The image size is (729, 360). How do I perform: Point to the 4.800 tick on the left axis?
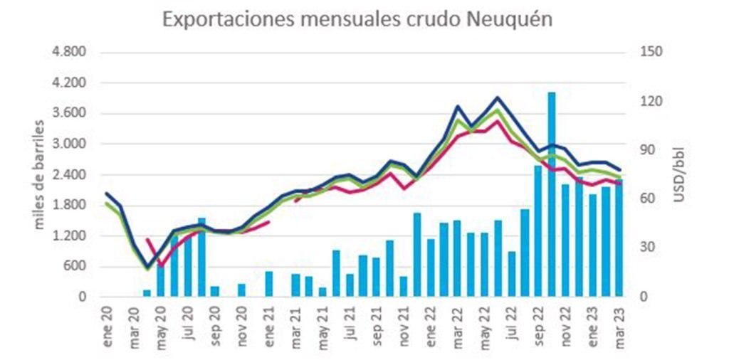70,53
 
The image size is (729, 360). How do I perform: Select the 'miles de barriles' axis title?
40,175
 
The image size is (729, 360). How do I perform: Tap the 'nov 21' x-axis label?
404,325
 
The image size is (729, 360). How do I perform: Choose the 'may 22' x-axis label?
486,325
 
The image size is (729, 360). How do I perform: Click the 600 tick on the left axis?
75,267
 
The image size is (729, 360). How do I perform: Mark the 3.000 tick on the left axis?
70,144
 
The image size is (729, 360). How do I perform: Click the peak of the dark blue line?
497,97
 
